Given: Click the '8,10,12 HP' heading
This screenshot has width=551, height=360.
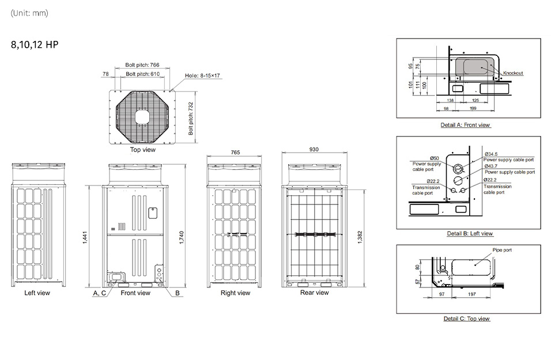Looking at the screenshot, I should click(35, 44).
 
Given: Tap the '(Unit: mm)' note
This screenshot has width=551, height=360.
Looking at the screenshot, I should click(29, 13).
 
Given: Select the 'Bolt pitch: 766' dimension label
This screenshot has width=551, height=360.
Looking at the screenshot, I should click(142, 66).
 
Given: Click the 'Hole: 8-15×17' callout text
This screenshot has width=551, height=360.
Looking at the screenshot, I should click(203, 75).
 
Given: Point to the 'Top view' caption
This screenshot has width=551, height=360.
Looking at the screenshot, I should click(142, 150).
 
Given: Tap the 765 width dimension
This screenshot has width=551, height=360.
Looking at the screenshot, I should click(235, 152).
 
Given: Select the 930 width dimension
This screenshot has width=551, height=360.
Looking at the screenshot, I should click(314, 149).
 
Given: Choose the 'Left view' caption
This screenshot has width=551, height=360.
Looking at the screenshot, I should click(37, 293).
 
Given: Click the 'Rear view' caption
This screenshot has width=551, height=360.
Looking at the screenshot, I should click(314, 293).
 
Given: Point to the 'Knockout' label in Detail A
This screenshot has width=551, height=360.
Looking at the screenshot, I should click(513, 73).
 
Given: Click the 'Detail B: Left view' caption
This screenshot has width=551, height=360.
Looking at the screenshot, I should click(470, 233).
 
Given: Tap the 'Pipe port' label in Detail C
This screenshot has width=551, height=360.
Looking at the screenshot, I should click(502, 250).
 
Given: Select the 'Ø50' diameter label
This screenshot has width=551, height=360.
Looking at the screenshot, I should click(435, 158).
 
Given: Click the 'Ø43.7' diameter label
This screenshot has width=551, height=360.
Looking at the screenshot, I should click(490, 166).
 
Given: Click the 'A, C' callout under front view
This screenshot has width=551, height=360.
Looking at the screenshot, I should click(99, 293).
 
